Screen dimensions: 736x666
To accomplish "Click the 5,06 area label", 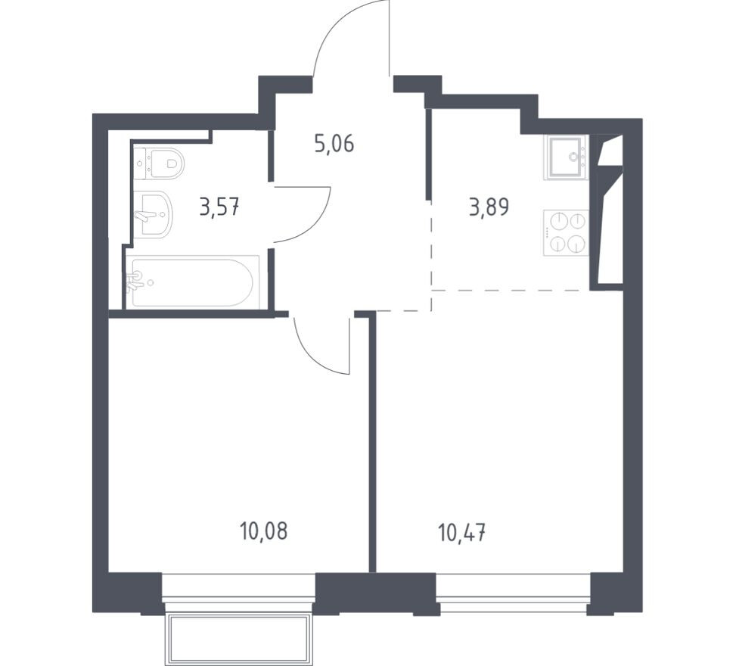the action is click(x=334, y=144).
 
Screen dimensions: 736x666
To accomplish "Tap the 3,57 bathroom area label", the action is click(x=219, y=206).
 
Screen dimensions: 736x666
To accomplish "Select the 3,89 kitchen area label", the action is click(x=489, y=207).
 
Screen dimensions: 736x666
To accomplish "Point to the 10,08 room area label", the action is click(x=263, y=531).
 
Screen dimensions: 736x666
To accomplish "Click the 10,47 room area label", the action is click(x=461, y=533).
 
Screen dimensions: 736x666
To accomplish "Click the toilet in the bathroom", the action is click(x=159, y=163).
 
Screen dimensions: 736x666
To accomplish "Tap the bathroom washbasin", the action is click(x=154, y=214).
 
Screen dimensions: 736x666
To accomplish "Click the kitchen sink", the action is click(x=566, y=157).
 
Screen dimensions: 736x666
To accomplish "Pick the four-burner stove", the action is click(x=566, y=233).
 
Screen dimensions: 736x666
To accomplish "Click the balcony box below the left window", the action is click(x=239, y=637).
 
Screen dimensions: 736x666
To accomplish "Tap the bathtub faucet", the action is click(x=134, y=280).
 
